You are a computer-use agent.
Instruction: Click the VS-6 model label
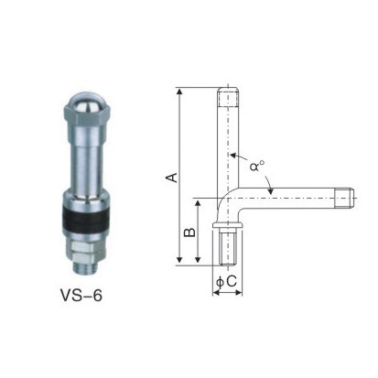point(81,295)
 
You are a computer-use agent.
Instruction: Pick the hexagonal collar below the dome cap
point(84,117)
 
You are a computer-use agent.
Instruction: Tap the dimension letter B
point(189,232)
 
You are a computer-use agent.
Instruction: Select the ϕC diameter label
point(226,281)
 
